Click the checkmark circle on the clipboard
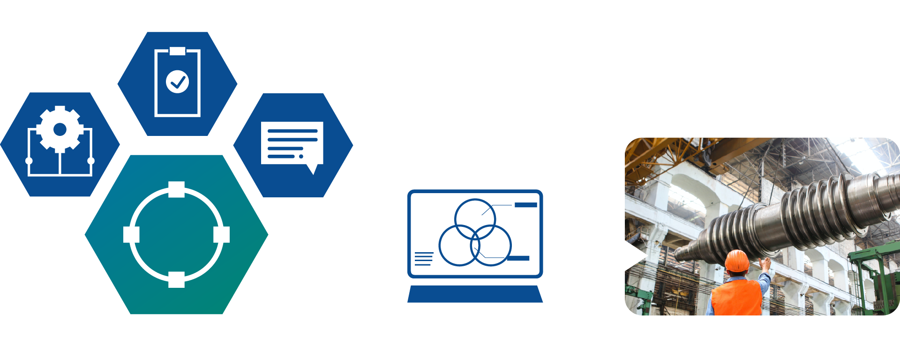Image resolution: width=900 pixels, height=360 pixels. click(x=177, y=82)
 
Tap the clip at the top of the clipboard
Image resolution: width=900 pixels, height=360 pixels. click(x=177, y=51)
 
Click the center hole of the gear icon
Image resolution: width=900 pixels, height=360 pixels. click(x=60, y=129)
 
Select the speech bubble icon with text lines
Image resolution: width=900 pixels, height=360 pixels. click(x=292, y=143)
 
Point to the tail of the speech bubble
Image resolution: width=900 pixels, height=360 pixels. click(x=313, y=169)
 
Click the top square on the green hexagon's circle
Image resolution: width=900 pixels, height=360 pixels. click(x=176, y=189)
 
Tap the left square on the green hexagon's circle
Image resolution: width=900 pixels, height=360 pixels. click(x=131, y=234)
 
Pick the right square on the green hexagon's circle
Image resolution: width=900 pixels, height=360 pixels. click(x=221, y=234)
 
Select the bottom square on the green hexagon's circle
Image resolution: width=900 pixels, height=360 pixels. click(x=176, y=279)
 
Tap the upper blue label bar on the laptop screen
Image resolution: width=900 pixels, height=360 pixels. click(x=525, y=205)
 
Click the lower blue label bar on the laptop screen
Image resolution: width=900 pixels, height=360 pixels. click(x=518, y=258)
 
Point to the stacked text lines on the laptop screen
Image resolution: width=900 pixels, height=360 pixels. click(x=424, y=259)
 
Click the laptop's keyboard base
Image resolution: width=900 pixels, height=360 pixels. click(x=475, y=294)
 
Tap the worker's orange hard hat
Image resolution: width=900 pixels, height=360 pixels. click(x=737, y=261)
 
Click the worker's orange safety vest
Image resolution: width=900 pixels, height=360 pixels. click(x=736, y=298)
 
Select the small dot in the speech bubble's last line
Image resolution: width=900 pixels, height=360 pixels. click(x=301, y=156)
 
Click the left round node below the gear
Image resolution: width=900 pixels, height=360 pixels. click(x=29, y=161)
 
